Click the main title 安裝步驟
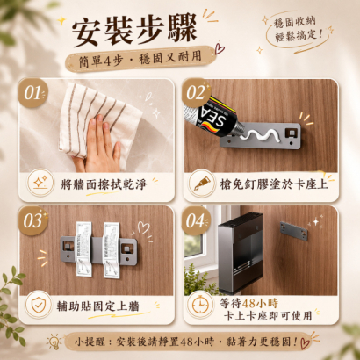(x=134, y=30)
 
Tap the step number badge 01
(x=33, y=93)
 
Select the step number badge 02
(x=197, y=93)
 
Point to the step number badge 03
(x=33, y=221)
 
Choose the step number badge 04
(x=196, y=220)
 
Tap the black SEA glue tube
(x=213, y=117)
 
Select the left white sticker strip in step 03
(x=84, y=249)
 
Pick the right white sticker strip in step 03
(x=112, y=250)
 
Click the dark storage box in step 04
(x=241, y=252)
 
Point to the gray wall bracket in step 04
(x=294, y=231)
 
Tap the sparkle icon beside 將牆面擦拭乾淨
(x=40, y=183)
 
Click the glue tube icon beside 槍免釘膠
(x=202, y=184)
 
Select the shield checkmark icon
(x=39, y=305)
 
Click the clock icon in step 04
(x=200, y=305)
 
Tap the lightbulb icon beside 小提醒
(x=54, y=342)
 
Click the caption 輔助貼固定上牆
(x=98, y=306)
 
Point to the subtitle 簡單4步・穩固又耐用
(x=140, y=59)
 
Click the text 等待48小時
(x=248, y=303)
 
